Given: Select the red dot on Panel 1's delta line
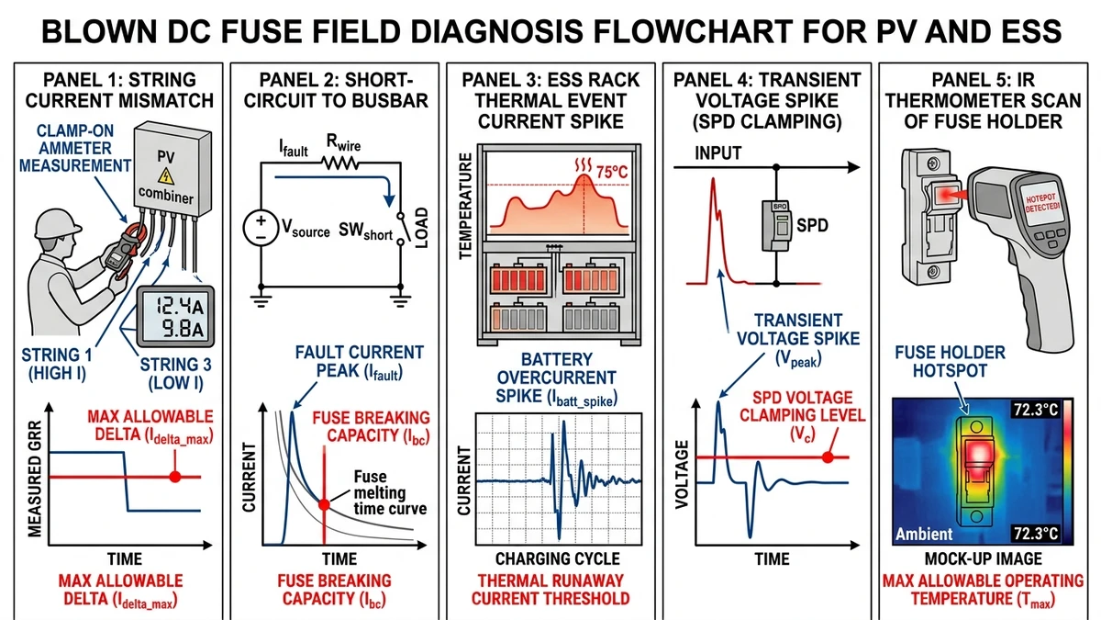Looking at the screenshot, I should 174,477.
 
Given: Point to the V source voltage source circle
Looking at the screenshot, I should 261,225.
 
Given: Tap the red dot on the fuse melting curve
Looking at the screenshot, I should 324,503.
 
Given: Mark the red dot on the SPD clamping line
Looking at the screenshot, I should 828,457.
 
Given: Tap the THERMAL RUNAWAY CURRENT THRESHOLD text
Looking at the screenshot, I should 550,589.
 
